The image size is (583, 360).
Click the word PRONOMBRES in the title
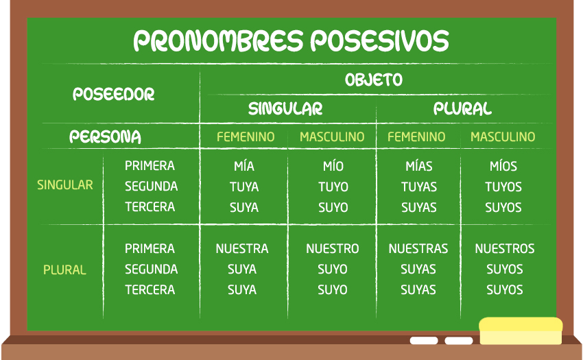219,40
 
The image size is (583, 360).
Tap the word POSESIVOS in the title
379,40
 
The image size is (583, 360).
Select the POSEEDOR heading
113,94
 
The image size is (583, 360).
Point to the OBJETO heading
374,80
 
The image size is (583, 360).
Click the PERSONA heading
105,137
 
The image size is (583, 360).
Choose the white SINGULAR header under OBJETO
285,108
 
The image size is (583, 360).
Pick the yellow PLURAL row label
64,269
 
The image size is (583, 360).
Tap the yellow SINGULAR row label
64,185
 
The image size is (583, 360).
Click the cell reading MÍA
244,166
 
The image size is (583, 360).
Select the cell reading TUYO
333,187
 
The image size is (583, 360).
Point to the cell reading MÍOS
503,166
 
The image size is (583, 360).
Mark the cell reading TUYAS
418,187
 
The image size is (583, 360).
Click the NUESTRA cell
242,248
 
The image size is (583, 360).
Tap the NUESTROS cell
505,248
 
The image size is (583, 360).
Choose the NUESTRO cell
333,248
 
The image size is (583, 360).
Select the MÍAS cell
418,166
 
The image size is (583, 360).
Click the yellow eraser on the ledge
521,331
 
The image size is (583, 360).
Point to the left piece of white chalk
424,341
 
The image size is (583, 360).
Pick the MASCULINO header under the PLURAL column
503,137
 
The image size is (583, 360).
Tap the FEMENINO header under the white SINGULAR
246,137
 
